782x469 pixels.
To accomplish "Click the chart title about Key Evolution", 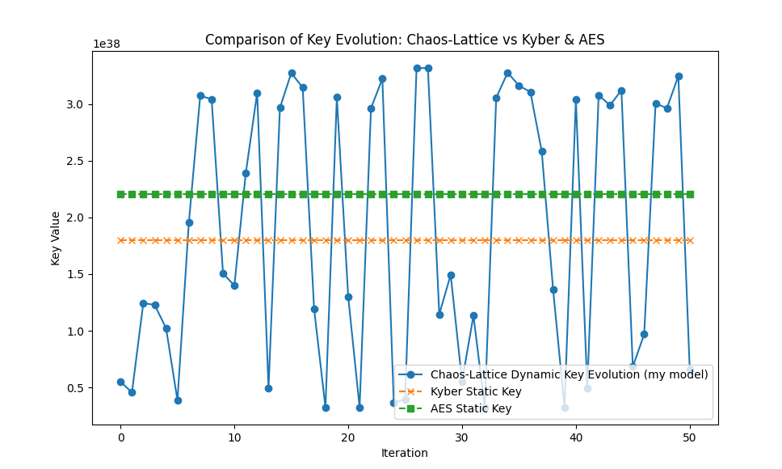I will click(x=404, y=40).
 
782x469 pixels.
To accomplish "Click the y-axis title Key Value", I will click(x=56, y=238).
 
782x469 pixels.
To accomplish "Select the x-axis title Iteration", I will click(x=404, y=453).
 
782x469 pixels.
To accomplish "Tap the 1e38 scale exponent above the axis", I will click(x=106, y=44).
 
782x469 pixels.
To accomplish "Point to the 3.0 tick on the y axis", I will click(x=76, y=104).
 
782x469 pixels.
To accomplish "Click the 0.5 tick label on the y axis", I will click(x=76, y=387).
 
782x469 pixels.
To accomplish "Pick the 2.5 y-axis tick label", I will click(x=76, y=161).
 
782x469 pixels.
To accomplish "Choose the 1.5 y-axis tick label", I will click(x=76, y=274).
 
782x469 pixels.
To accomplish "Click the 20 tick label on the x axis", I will click(x=348, y=437).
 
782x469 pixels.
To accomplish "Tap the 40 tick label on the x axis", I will click(x=576, y=437).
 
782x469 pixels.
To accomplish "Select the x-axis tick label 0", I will click(x=120, y=437).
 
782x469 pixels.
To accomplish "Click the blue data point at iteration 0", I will click(x=120, y=382).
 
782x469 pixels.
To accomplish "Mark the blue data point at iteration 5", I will click(x=178, y=400).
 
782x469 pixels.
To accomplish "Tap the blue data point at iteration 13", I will click(x=268, y=388).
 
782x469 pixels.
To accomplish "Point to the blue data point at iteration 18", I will click(x=326, y=408).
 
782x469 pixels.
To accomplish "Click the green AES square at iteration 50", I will click(x=690, y=194).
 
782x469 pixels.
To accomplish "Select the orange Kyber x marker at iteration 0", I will click(x=120, y=240).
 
